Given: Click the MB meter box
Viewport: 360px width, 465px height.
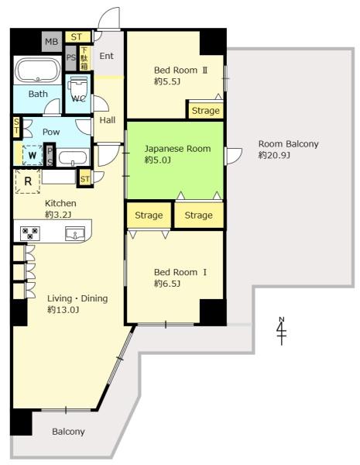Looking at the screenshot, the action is [x=52, y=42].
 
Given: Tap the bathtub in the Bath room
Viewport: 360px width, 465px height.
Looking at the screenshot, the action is [x=38, y=70].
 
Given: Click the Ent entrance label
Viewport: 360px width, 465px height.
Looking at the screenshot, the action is [x=106, y=56].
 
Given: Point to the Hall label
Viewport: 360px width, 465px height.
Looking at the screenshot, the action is [x=108, y=120].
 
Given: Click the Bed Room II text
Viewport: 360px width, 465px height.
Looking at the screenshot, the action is [x=180, y=71].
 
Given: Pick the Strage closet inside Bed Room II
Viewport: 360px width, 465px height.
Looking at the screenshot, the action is [x=206, y=110].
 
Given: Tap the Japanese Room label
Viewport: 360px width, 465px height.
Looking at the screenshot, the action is [x=177, y=149].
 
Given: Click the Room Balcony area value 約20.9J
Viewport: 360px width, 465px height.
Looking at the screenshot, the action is [x=274, y=155].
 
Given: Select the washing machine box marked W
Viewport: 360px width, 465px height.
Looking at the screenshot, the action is [x=33, y=155].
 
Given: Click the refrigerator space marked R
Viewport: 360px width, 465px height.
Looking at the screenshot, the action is [x=28, y=181].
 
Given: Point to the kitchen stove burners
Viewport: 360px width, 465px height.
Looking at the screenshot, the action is [x=30, y=233].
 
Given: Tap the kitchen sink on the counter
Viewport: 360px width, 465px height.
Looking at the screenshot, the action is [x=75, y=233].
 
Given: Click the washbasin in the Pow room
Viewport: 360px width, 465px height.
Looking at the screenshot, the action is [x=73, y=157].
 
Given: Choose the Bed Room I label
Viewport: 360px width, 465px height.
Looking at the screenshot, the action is [x=180, y=272].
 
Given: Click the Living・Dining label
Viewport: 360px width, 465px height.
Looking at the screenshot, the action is [x=77, y=298].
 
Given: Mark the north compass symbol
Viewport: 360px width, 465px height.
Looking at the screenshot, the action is [x=281, y=331].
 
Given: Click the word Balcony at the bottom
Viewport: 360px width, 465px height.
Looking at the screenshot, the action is [x=68, y=432].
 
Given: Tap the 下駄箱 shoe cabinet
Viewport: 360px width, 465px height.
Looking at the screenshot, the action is [x=84, y=58].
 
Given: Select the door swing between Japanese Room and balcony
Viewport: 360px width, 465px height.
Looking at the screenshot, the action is [x=234, y=156].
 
